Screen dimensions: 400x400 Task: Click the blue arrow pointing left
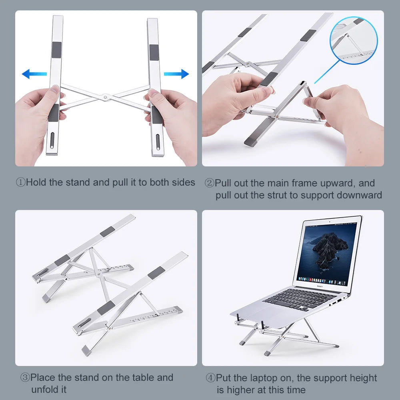click(34, 74)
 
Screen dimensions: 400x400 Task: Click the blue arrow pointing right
click(176, 74)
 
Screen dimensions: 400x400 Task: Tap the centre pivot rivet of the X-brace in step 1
click(105, 96)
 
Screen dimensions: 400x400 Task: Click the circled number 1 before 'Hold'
click(21, 182)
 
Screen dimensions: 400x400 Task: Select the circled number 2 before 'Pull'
click(210, 183)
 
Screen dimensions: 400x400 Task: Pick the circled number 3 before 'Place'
click(25, 378)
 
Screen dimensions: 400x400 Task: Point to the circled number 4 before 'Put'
click(211, 378)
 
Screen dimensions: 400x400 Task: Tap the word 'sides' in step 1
click(184, 182)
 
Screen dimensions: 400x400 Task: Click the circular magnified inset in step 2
click(354, 40)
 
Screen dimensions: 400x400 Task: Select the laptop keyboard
click(300, 299)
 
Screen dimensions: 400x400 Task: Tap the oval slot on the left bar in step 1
click(52, 140)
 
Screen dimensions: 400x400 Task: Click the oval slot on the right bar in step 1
click(158, 142)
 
